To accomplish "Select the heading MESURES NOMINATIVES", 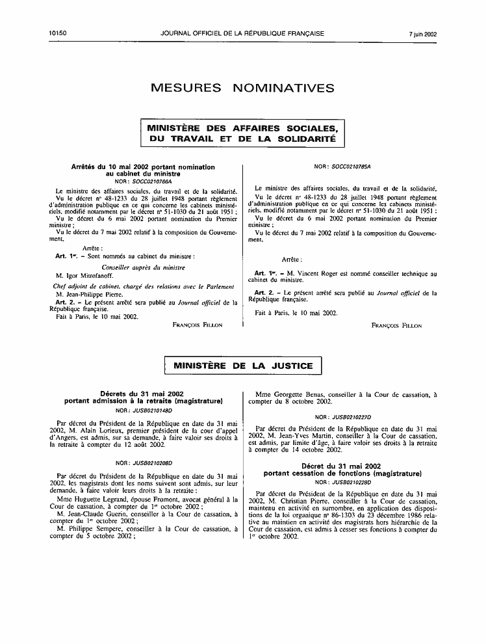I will [x=242, y=88].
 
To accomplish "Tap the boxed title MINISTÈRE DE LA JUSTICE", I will [x=243, y=366].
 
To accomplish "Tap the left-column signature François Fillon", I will [x=198, y=325].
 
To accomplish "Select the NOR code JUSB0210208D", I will [x=153, y=463].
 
